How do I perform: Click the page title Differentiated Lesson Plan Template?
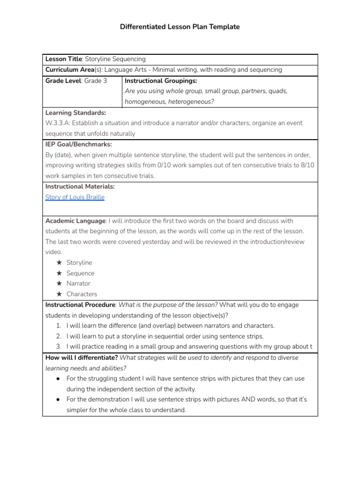click(x=180, y=27)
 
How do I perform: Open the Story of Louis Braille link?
click(x=75, y=197)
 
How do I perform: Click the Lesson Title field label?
click(x=63, y=59)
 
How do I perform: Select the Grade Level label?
click(x=63, y=80)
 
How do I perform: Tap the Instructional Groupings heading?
click(x=157, y=80)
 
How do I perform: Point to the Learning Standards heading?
click(x=75, y=112)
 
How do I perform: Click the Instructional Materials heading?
click(x=80, y=187)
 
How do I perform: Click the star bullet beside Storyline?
click(x=59, y=262)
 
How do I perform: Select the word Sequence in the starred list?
click(x=80, y=273)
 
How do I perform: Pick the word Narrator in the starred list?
click(x=78, y=284)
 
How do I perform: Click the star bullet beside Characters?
click(x=59, y=294)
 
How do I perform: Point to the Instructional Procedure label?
click(x=80, y=305)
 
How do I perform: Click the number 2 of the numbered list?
click(x=59, y=336)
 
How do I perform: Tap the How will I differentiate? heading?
click(x=81, y=357)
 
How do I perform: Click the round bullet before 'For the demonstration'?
click(x=57, y=399)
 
